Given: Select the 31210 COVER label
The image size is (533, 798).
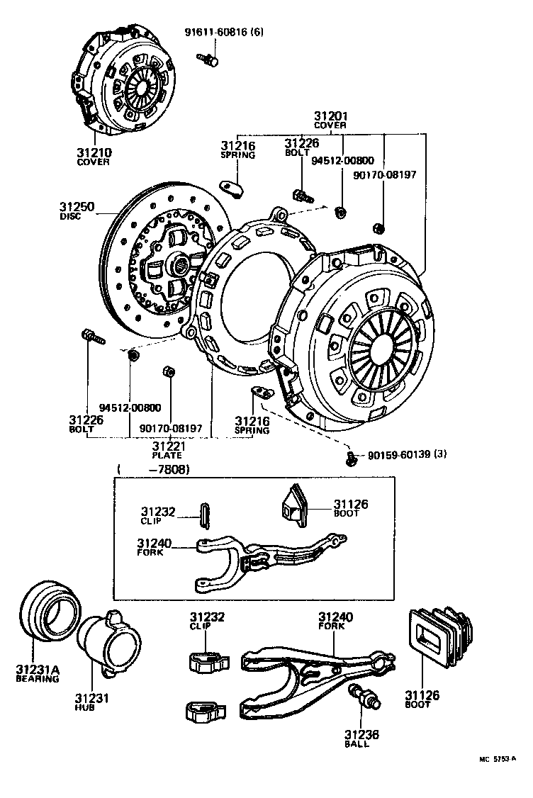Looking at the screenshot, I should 94,156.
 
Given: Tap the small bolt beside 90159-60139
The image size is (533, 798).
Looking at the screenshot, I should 351,459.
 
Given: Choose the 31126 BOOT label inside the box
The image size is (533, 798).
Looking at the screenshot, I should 350,507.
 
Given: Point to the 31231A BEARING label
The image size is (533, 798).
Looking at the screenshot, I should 37,673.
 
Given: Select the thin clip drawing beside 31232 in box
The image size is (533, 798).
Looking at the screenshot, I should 206,513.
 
